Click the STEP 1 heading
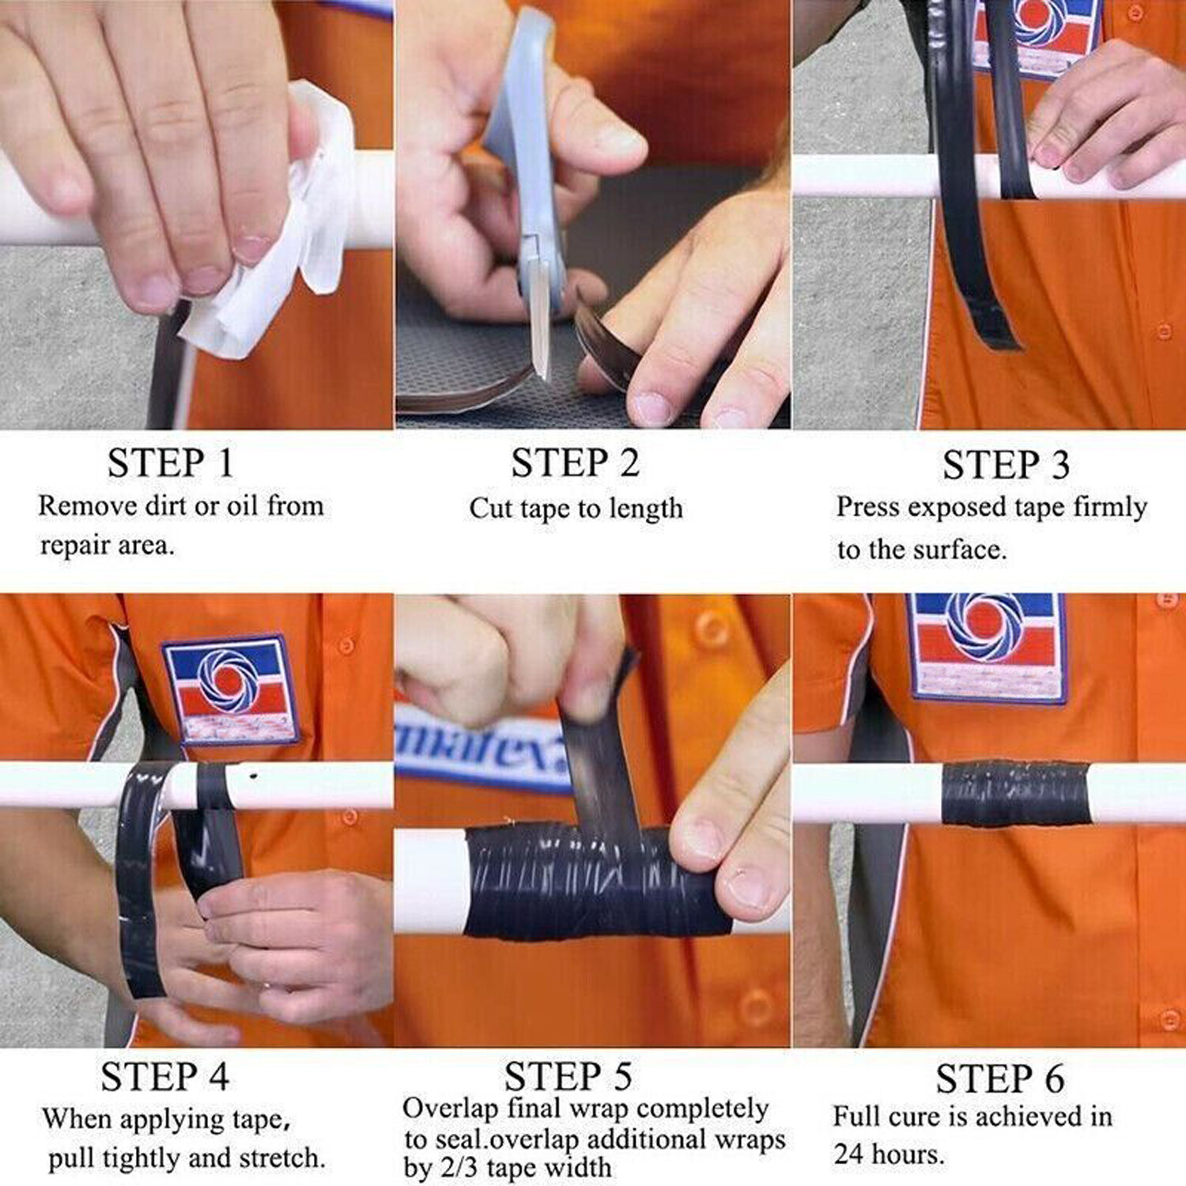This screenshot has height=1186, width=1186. [x=171, y=463]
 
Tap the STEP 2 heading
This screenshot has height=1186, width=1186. [x=575, y=463]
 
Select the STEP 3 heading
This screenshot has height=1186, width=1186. [x=1006, y=464]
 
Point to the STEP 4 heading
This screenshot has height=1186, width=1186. [x=164, y=1077]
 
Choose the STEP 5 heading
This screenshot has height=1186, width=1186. [x=568, y=1076]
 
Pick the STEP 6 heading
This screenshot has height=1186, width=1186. [x=1000, y=1078]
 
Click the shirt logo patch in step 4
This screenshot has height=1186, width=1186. [x=230, y=689]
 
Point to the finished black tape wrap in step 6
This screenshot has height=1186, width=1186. [x=1015, y=793]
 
